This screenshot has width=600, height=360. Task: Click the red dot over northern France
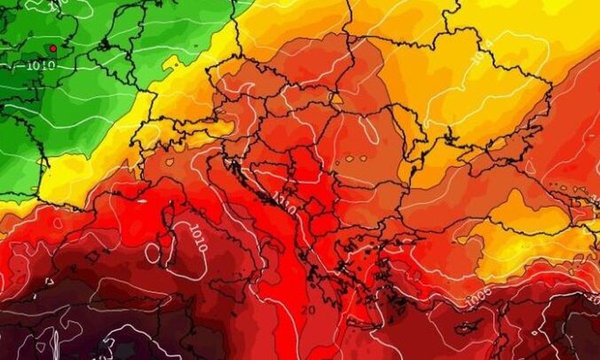coord(52,48)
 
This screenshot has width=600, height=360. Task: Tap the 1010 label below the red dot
coord(41,65)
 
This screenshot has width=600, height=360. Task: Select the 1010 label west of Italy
coord(198,237)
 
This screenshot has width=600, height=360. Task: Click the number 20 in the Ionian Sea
coord(308,310)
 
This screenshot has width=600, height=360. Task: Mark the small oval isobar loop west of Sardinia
coord(152,253)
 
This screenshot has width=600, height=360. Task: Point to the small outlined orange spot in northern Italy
coord(170,162)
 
